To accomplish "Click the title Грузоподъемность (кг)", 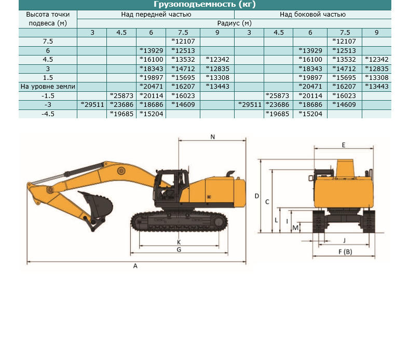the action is [204, 4].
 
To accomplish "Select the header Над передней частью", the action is [156, 15].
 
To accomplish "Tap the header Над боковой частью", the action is [312, 15].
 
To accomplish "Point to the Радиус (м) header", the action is [234, 23].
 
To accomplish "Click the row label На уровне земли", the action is [48, 87].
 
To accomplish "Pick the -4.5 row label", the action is [48, 114].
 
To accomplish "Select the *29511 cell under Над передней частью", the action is [92, 105].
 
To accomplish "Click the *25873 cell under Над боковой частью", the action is [277, 95].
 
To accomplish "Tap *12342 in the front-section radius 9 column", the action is [217, 60].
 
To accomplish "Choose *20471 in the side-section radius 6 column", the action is [310, 87].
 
